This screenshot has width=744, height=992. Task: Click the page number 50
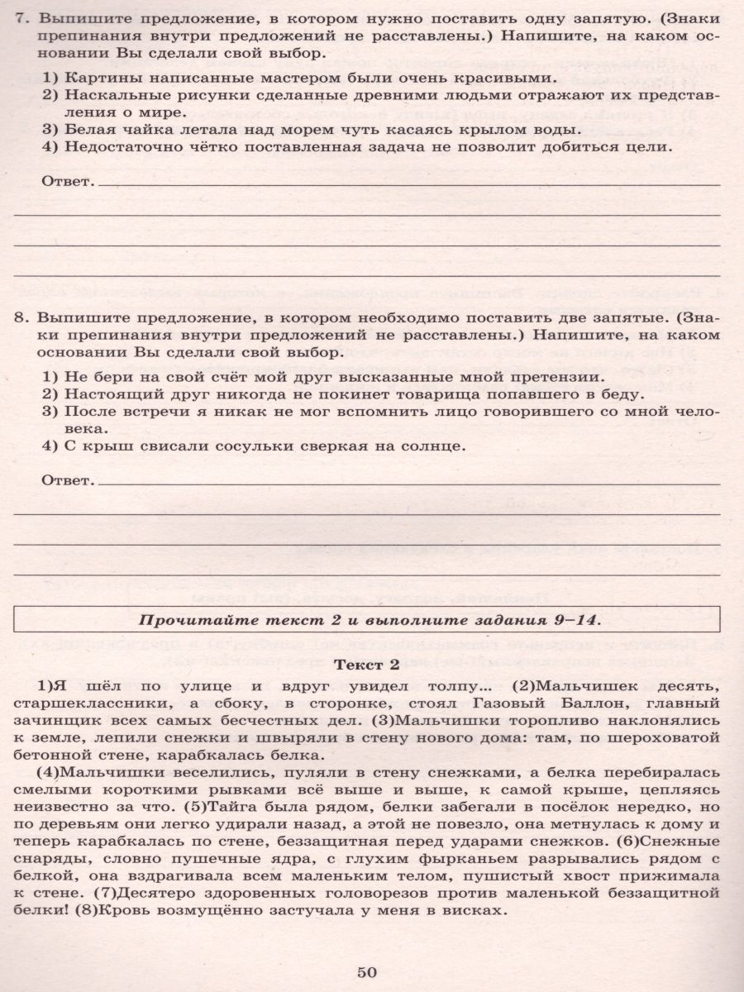[x=367, y=971]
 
